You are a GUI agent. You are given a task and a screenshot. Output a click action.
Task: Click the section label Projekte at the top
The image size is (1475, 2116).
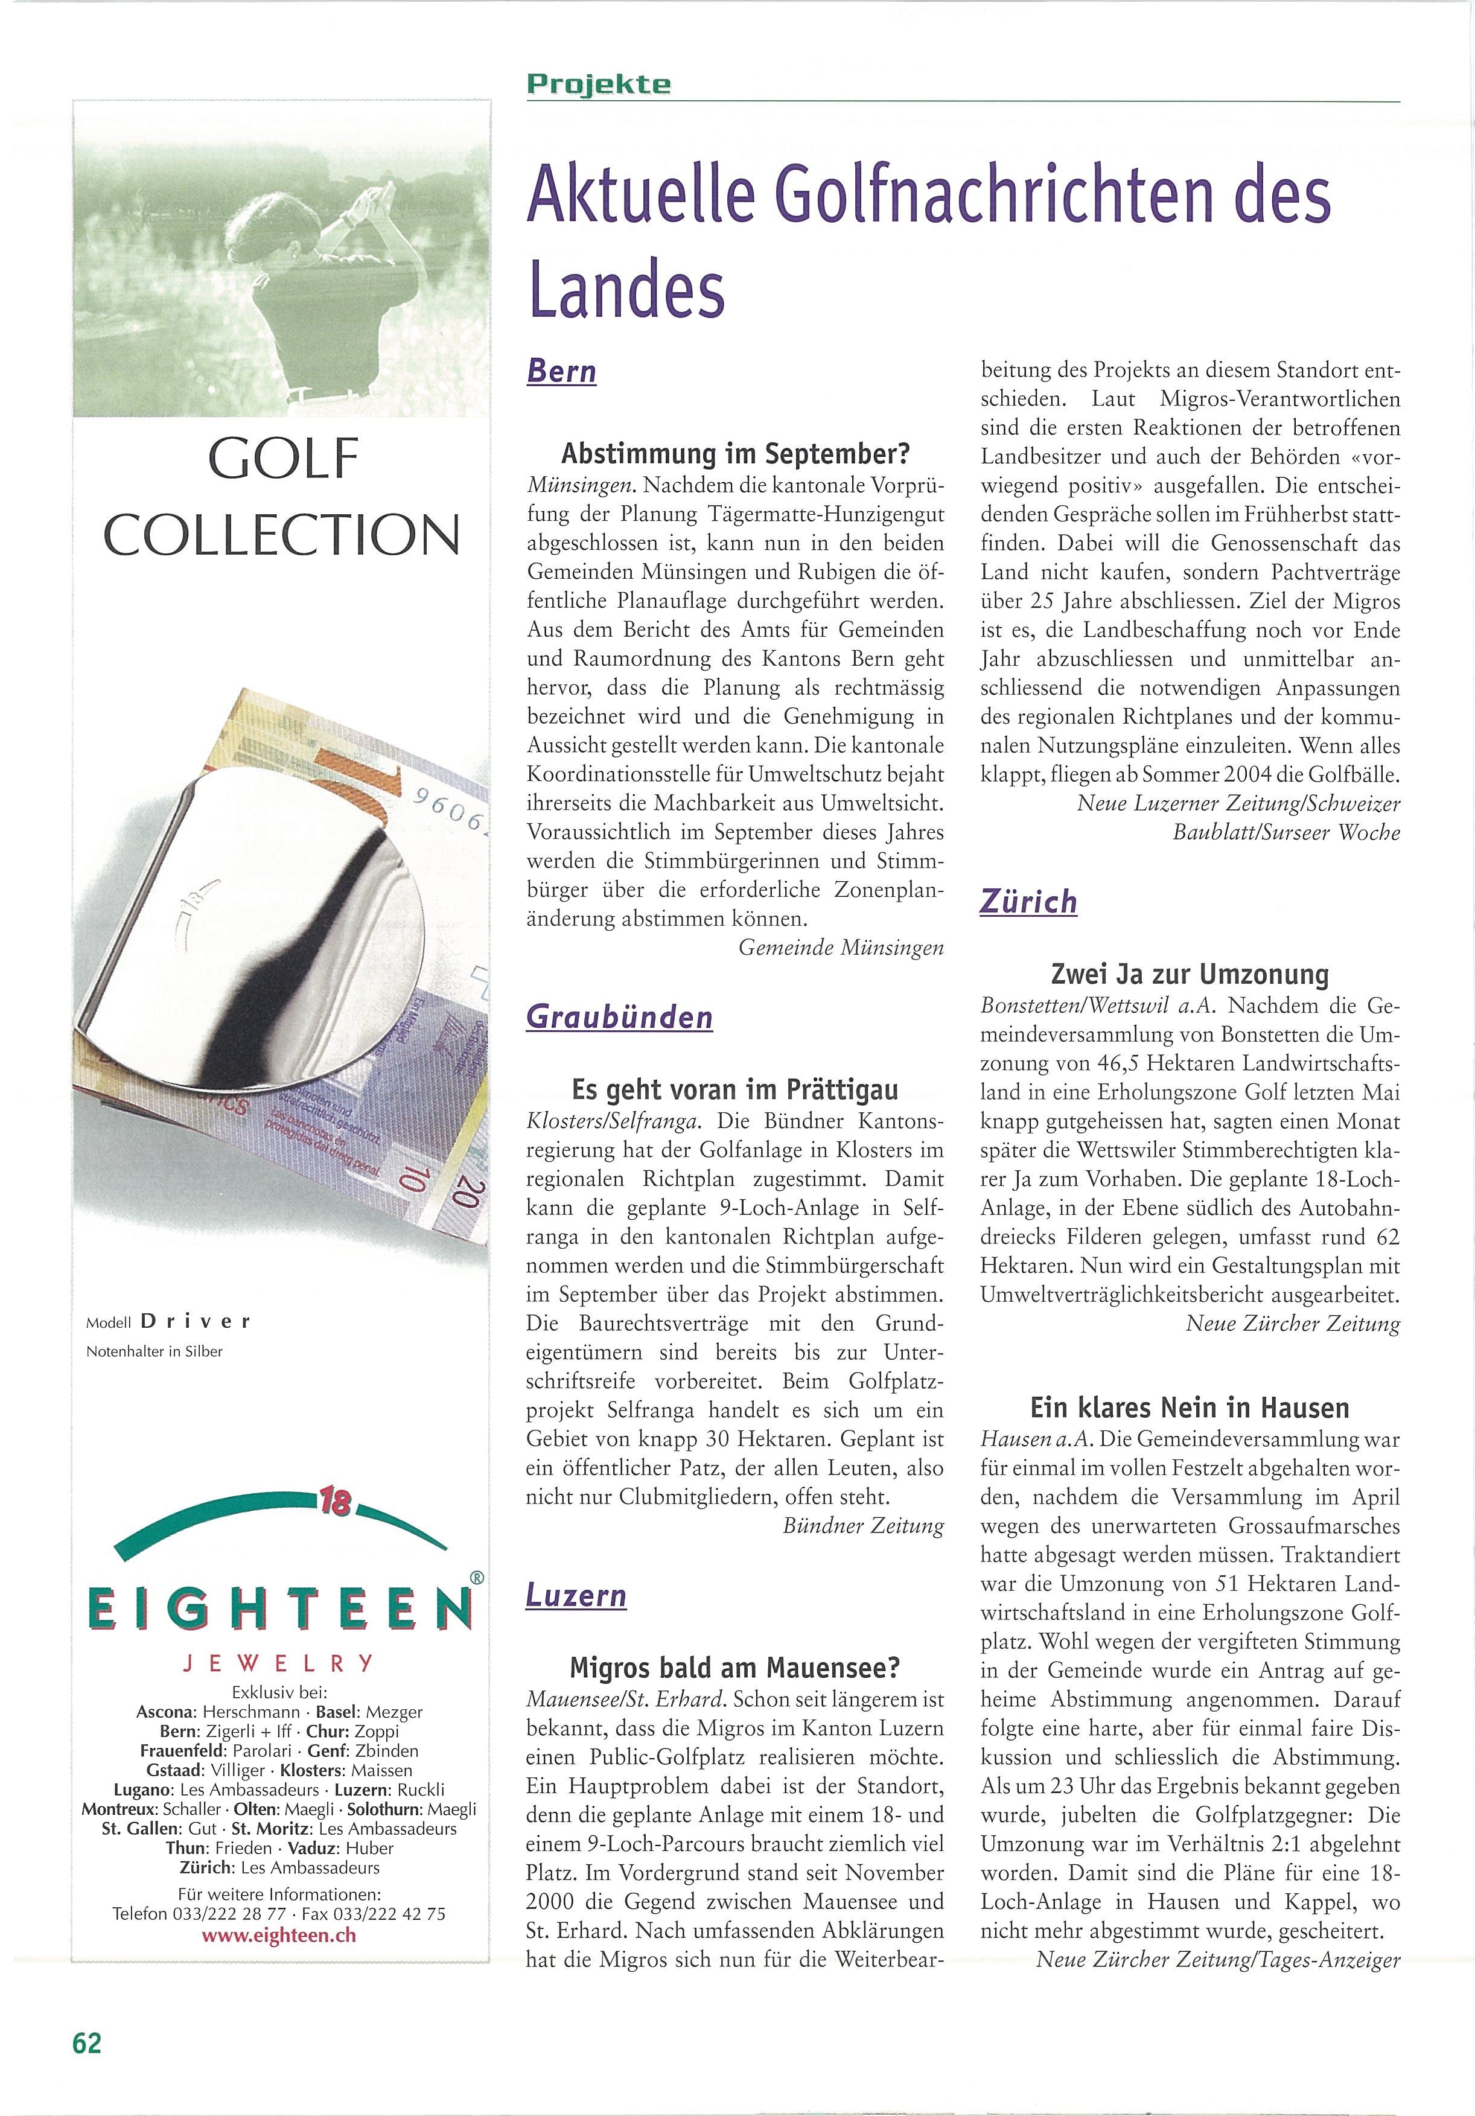[x=599, y=84]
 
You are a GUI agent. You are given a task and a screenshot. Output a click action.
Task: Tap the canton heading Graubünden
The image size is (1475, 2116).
[x=619, y=1018]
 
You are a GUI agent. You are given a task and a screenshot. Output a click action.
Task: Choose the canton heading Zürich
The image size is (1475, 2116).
[x=1028, y=901]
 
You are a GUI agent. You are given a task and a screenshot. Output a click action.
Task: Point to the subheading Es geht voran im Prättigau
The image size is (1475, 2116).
[x=734, y=1090]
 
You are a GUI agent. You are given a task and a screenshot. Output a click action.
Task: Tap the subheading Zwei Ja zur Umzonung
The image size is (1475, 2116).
[x=1190, y=974]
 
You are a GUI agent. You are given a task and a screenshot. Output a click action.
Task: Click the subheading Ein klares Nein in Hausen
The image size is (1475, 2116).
[x=1190, y=1407]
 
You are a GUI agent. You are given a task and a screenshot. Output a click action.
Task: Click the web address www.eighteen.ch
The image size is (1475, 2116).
[x=279, y=1934]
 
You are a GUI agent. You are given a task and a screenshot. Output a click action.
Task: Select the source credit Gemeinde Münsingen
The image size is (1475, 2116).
[x=841, y=948]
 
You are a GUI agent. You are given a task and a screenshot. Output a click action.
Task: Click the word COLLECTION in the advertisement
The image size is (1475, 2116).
[x=281, y=535]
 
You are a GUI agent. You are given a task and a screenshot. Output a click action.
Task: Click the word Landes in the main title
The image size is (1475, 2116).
[x=626, y=287]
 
